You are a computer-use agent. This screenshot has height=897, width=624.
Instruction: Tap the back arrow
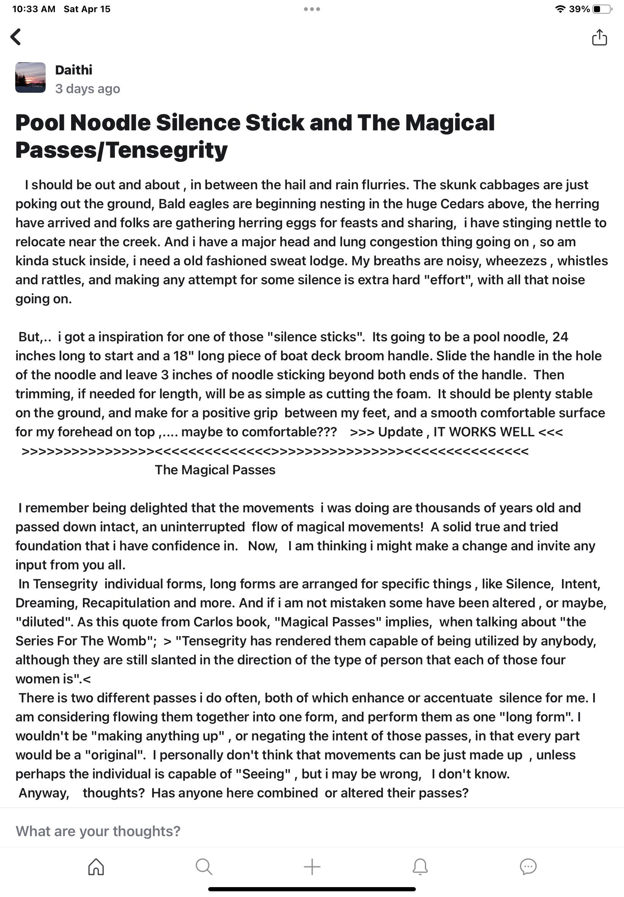pos(16,37)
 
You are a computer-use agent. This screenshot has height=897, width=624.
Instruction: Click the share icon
pos(599,38)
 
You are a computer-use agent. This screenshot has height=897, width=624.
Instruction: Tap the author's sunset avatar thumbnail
pos(30,77)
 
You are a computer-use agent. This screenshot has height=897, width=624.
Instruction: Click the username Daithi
pos(73,70)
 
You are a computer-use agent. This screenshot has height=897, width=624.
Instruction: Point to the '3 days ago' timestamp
pos(88,89)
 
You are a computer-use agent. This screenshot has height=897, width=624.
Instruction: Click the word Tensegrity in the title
pos(167,151)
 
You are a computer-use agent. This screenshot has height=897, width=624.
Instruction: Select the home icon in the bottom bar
pos(96,867)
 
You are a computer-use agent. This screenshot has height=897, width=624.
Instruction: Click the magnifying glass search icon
pos(204,867)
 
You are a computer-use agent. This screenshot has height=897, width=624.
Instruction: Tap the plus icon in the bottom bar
pos(312,867)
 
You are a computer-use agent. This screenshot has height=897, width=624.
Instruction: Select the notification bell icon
pos(420,867)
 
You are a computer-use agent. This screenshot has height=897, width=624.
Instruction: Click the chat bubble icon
pos(528,867)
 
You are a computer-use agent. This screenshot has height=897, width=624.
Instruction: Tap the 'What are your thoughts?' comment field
pos(98,831)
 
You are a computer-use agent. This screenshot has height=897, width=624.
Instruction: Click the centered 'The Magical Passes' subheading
pos(215,470)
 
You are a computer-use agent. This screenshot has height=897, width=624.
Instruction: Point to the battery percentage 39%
pos(579,9)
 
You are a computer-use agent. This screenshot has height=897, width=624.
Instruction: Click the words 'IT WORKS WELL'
pos(484,432)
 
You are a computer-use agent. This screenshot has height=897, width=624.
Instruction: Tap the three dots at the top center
pos(312,9)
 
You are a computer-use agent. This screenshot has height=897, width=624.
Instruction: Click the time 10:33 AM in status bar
pos(33,9)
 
